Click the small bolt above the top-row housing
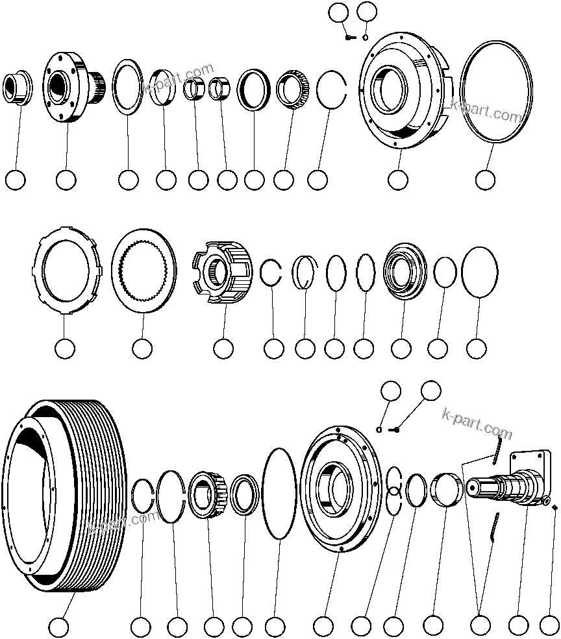[350, 38]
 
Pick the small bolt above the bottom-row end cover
[395, 429]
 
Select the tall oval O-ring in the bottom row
[279, 493]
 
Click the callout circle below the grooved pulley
[59, 627]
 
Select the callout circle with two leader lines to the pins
[480, 626]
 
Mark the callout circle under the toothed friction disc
[142, 348]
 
